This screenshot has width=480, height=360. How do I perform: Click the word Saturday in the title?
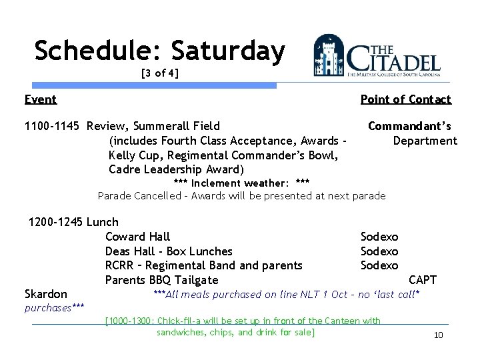click(x=227, y=51)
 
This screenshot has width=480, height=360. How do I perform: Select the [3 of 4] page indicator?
click(x=159, y=73)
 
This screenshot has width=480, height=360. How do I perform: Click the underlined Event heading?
click(x=40, y=100)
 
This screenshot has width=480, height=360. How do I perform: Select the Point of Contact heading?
click(x=405, y=100)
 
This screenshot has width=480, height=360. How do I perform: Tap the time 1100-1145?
click(x=53, y=126)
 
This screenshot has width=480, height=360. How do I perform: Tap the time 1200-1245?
click(x=56, y=222)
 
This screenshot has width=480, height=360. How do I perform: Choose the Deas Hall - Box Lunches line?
click(x=169, y=251)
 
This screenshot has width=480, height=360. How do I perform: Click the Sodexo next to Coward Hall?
click(x=379, y=237)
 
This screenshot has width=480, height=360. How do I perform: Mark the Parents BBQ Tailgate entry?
click(x=161, y=280)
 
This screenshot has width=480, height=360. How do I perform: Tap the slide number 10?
click(x=438, y=335)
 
